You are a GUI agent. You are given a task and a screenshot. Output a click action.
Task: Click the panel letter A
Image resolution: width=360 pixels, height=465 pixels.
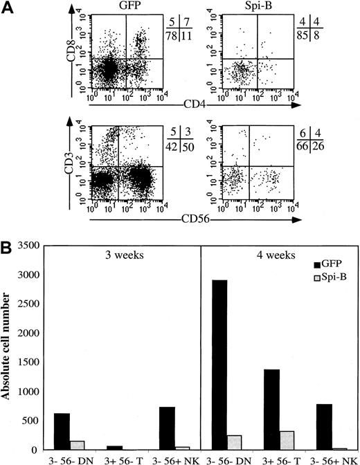click(8, 8)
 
